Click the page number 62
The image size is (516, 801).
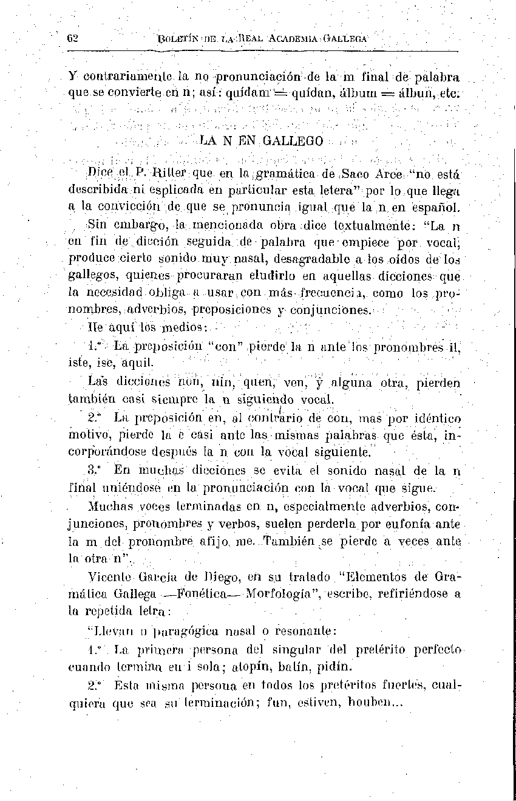pos(73,38)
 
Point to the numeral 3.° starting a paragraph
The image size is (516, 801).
pos(93,471)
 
